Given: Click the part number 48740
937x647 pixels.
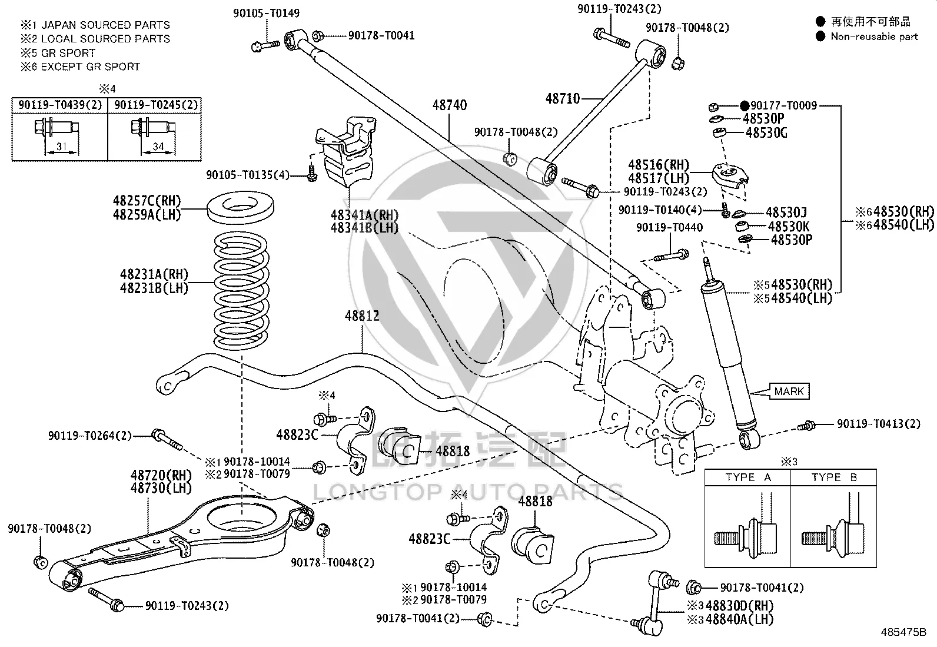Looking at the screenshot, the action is click(x=449, y=105).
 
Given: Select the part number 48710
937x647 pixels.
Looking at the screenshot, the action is click(x=563, y=99).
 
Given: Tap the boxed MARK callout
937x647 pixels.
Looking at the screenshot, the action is click(x=789, y=391).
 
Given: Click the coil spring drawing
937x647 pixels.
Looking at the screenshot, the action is click(x=241, y=291).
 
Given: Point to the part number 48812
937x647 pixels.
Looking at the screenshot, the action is click(x=362, y=316).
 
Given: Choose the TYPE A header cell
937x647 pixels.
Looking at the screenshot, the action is click(x=748, y=477).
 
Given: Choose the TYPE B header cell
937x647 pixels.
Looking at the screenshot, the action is click(x=834, y=477).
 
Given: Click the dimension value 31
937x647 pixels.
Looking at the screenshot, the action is click(x=61, y=147).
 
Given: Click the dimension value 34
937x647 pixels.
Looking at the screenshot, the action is click(x=158, y=147).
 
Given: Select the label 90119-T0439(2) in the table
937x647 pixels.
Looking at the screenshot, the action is click(x=60, y=105).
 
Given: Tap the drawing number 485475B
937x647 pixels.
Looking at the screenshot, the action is click(x=903, y=632).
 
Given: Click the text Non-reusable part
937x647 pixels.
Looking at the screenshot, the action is click(x=874, y=37).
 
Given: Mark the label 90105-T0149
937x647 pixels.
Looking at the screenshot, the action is click(x=267, y=14).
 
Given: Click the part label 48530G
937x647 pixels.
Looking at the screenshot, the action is click(x=767, y=133).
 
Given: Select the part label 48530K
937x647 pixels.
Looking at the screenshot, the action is click(x=789, y=227).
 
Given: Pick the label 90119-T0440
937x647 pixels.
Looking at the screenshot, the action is click(x=670, y=227).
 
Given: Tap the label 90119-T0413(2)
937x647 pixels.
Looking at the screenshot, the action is click(x=879, y=424).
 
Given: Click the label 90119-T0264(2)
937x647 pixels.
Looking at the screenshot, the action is click(x=90, y=436).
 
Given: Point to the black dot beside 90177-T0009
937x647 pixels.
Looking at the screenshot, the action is click(x=745, y=105).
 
